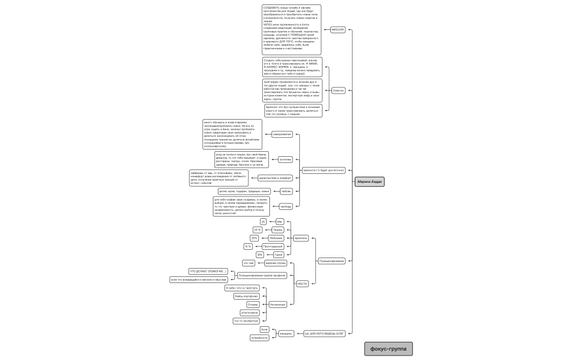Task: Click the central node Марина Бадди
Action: pyautogui.click(x=369, y=181)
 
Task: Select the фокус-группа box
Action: pyautogui.click(x=388, y=349)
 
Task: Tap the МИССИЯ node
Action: pyautogui.click(x=338, y=30)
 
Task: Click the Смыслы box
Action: pyautogui.click(x=338, y=90)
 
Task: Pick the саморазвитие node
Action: pyautogui.click(x=282, y=134)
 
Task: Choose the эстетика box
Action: pyautogui.click(x=285, y=159)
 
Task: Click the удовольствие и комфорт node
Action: pyautogui.click(x=275, y=178)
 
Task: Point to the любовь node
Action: pyautogui.click(x=286, y=191)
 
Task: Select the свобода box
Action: pyautogui.click(x=285, y=207)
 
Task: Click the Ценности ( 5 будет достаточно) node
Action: pyautogui.click(x=324, y=170)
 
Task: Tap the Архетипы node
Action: pyautogui.click(x=301, y=238)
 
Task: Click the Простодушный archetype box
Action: pyautogui.click(x=273, y=246)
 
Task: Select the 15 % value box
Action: pyautogui.click(x=248, y=246)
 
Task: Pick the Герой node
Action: pyautogui.click(x=279, y=254)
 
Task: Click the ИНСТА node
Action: pyautogui.click(x=302, y=284)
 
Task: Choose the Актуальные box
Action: pyautogui.click(x=278, y=304)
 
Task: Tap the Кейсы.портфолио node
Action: pyautogui.click(x=246, y=296)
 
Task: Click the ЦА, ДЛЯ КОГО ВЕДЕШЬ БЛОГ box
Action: pyautogui.click(x=325, y=333)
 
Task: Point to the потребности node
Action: pyautogui.click(x=259, y=337)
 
